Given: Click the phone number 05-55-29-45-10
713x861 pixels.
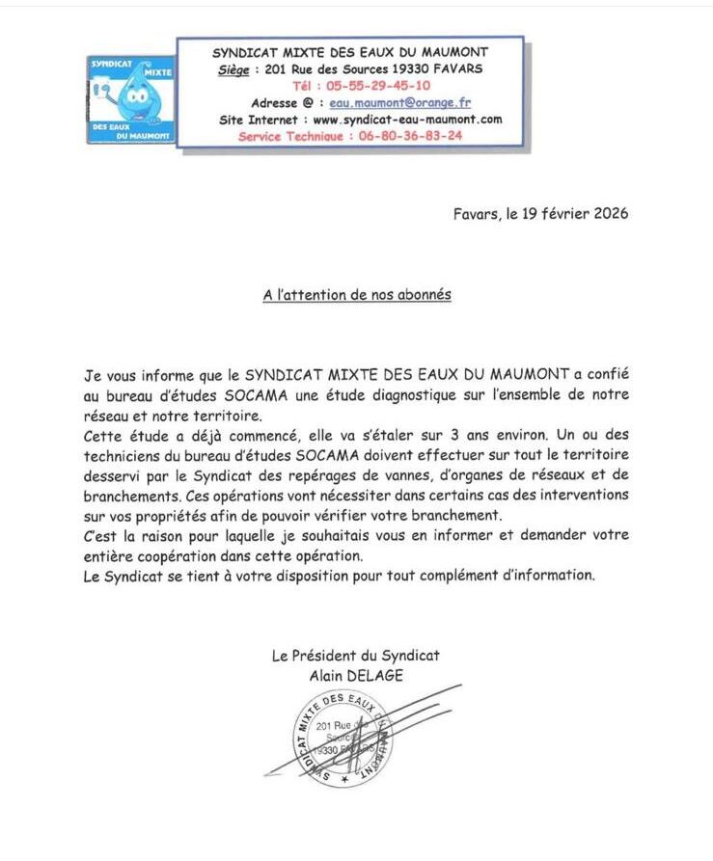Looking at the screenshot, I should point(364,86).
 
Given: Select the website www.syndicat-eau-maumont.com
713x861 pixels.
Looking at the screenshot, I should point(408,120).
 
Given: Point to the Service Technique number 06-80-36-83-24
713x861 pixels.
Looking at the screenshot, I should point(403,136).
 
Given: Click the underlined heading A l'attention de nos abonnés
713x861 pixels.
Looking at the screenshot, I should point(357,296).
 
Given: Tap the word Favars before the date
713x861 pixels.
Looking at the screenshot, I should point(477,213).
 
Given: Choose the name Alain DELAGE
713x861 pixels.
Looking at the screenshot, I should point(356,676).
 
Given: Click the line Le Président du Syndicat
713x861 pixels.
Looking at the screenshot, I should point(356,656).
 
